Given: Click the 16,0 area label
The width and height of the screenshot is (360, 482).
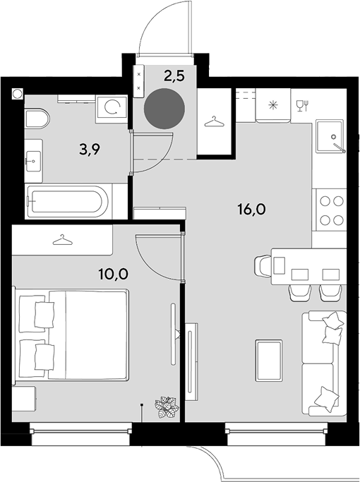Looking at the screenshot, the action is pos(251,210).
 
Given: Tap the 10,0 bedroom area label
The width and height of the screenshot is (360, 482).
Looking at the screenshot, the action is pos(113,274).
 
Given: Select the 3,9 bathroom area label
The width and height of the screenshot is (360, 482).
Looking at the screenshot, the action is pos(90,150).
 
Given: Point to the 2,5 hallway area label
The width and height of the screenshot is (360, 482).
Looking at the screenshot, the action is pos(174,76).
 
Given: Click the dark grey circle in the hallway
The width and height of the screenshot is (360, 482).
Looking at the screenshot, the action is pos(164,109).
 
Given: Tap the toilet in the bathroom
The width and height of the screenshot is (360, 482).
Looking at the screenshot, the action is pos(37,118).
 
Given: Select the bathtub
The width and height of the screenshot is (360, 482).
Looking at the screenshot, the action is pos(67,201).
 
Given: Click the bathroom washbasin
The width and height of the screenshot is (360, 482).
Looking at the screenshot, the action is pos(33,161).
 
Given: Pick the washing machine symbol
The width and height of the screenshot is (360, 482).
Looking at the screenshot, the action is pos(112,109).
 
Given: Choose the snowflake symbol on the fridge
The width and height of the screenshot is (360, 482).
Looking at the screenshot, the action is pos(272,105).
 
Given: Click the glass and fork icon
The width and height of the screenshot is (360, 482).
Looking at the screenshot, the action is pos(303,106).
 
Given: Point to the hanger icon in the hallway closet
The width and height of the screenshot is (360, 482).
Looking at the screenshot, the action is pos(215,121).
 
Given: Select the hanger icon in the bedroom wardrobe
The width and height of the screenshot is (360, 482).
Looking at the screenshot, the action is pos(62,240).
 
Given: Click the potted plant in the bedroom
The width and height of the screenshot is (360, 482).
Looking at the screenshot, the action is pos(167,407).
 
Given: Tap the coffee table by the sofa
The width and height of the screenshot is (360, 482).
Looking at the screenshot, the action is pos(269,361).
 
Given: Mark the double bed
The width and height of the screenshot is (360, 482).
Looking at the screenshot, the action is pos(71,335).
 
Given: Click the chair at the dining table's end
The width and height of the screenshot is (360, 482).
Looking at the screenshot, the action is pos(263,265).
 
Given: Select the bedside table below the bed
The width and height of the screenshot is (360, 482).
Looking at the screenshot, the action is pos(24,399).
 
